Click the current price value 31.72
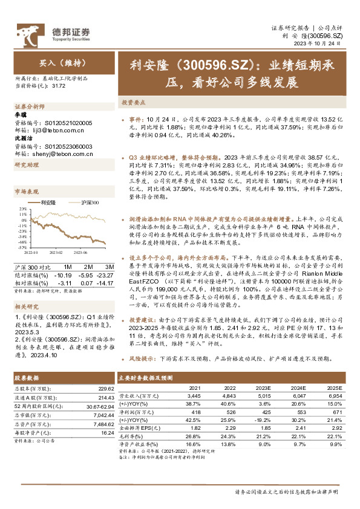59,86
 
